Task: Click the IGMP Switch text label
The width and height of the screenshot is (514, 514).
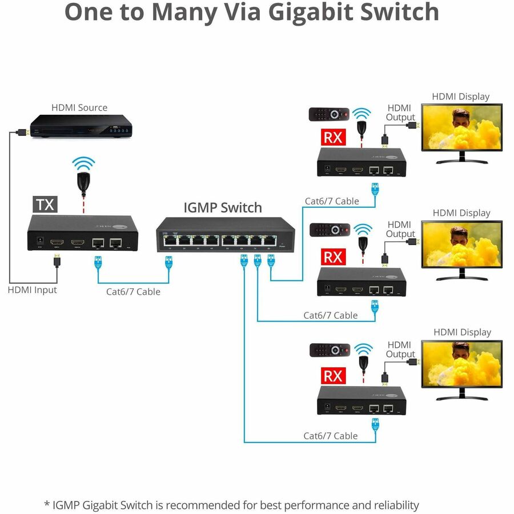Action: point(223,207)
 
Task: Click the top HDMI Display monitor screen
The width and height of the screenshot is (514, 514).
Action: point(461,127)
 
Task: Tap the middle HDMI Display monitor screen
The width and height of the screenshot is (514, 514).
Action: point(461,244)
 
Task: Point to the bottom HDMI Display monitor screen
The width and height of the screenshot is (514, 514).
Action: point(461,363)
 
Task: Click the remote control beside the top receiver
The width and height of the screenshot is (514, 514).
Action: point(327,114)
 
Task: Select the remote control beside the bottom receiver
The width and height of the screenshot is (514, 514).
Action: point(327,350)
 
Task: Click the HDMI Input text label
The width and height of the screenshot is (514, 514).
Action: point(33,290)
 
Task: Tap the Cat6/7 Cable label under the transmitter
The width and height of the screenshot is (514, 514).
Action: point(133,292)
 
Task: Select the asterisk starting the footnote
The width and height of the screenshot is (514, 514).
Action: point(47,505)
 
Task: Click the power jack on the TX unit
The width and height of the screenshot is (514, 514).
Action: point(40,242)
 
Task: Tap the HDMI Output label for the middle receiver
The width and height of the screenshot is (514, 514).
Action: point(400,230)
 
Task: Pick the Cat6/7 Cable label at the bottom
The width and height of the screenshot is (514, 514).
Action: point(330,436)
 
